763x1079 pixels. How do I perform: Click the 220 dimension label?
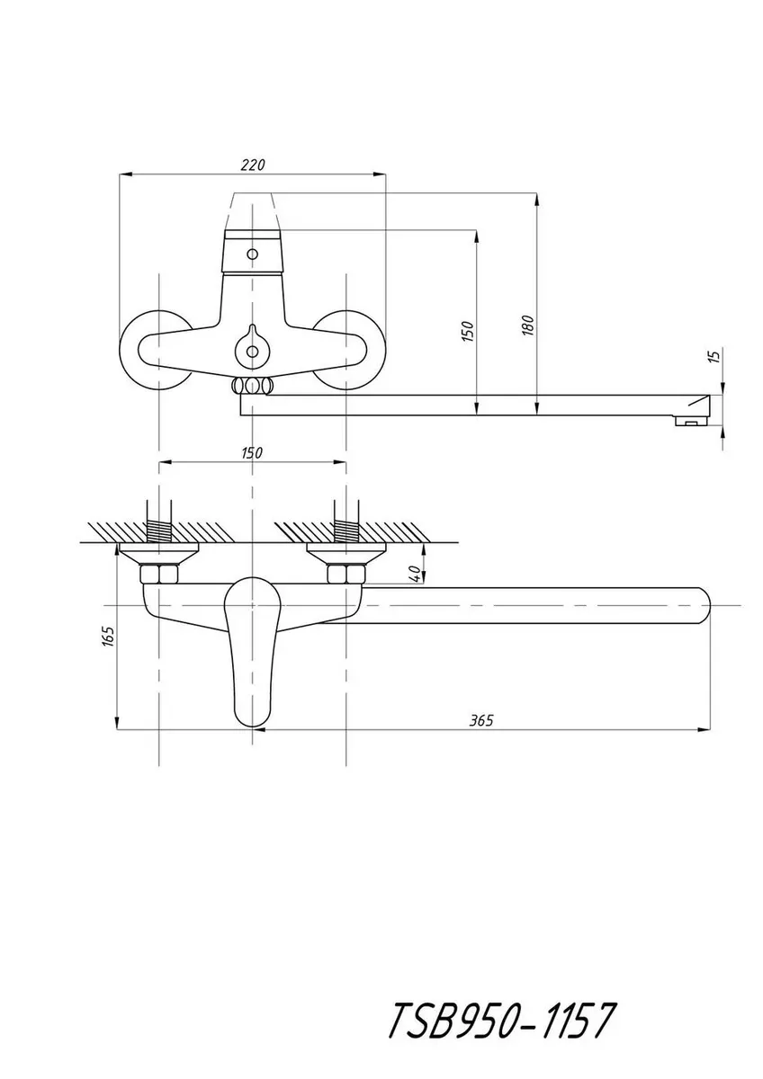tap(253, 165)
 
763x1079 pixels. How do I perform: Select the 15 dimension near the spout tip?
tap(715, 355)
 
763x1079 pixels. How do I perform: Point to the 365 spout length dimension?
tap(482, 720)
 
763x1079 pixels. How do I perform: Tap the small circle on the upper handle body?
tap(252, 254)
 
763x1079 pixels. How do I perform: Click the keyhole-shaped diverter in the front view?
tap(252, 348)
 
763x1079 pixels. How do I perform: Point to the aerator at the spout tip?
tap(691, 422)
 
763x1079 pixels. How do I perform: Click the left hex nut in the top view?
tap(158, 574)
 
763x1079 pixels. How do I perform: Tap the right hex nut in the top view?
tap(346, 574)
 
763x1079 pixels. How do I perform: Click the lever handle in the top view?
tap(253, 650)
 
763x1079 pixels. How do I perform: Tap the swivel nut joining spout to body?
tap(252, 386)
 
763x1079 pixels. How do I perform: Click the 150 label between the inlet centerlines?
tap(251, 453)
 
